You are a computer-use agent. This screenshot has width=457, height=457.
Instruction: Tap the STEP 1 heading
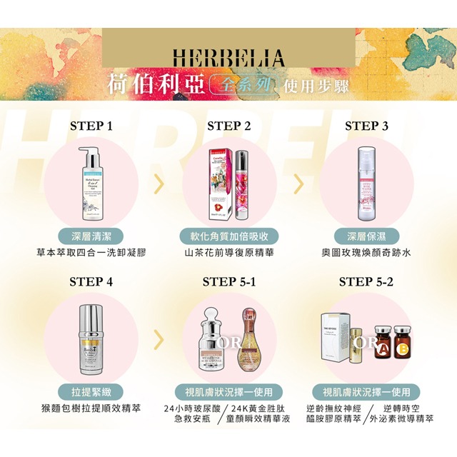[x=91, y=126]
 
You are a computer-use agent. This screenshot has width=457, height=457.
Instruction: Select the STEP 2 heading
[x=228, y=126]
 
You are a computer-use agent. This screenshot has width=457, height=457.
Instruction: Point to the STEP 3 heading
[x=366, y=126]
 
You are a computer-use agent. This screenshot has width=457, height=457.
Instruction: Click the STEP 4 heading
[x=91, y=281]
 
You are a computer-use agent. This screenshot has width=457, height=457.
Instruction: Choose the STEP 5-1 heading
[x=228, y=281]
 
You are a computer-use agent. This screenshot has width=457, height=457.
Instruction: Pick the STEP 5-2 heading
[x=366, y=281]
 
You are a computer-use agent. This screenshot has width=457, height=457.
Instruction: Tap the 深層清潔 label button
[x=91, y=236]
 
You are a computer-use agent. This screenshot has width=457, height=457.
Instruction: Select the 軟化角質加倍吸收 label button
[x=228, y=236]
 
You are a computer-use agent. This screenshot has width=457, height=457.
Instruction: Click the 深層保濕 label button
[x=366, y=236]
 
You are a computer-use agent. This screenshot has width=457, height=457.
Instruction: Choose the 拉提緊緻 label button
[x=91, y=392]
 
